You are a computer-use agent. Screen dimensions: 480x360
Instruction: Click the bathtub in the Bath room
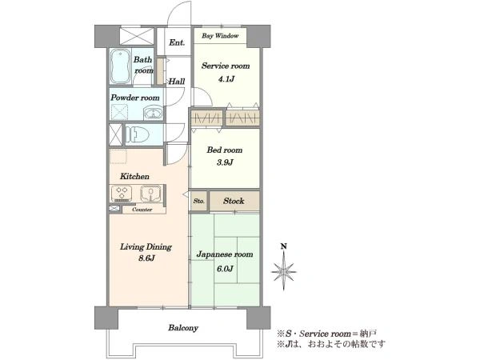[120, 66]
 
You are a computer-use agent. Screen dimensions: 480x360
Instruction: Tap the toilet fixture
[138, 134]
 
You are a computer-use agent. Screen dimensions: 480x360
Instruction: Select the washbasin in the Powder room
[153, 113]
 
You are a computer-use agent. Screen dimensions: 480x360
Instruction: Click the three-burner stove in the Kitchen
[122, 194]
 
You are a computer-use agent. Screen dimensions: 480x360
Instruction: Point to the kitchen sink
[150, 194]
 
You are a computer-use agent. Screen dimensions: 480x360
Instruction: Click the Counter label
[142, 210]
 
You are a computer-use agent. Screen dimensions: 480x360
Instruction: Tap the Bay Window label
[220, 36]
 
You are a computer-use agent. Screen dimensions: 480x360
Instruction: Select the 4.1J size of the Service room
[226, 79]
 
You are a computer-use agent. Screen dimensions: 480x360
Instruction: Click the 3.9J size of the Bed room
[225, 162]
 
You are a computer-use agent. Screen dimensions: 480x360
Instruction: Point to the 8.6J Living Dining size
[146, 258]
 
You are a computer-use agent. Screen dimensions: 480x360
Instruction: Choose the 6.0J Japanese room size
[225, 269]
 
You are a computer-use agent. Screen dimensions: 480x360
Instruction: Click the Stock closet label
[234, 201]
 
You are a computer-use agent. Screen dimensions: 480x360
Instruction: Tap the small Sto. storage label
[199, 201]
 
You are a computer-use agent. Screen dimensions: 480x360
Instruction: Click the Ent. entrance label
[177, 42]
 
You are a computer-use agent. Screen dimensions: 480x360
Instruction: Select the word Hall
[177, 81]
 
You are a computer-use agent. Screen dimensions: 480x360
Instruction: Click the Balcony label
[183, 328]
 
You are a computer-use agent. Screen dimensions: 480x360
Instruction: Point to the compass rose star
[284, 271]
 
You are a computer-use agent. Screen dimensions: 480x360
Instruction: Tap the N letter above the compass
[284, 246]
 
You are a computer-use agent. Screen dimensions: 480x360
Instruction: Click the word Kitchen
[134, 176]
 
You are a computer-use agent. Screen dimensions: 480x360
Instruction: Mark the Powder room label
[135, 98]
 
